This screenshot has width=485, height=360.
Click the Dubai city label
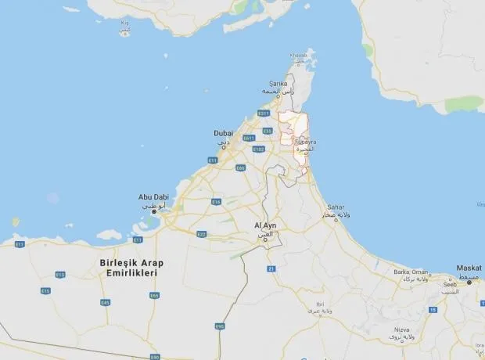click(223, 133)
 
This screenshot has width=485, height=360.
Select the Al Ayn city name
click(266, 225)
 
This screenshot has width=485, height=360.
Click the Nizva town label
click(401, 329)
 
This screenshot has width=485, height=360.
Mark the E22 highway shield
click(201, 234)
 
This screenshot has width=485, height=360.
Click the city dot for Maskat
click(469, 281)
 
